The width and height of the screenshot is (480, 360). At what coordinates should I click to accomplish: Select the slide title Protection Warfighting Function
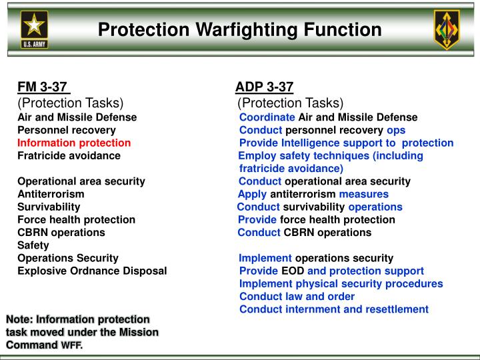(x=239, y=29)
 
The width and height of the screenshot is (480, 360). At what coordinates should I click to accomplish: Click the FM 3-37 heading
(x=42, y=87)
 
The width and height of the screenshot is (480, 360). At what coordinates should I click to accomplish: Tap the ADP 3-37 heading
(x=264, y=87)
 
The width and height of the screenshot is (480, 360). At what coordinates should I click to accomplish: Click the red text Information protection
(x=74, y=143)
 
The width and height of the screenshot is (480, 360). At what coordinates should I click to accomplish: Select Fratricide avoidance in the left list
(x=69, y=155)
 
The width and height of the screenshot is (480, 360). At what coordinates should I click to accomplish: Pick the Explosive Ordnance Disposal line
(x=92, y=271)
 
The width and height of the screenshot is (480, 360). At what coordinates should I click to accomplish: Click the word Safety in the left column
(x=33, y=245)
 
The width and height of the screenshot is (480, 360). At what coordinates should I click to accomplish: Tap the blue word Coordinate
(x=267, y=117)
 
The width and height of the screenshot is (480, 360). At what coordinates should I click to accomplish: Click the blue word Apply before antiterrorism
(x=252, y=194)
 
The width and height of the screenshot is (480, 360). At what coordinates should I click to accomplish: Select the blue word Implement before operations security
(x=265, y=258)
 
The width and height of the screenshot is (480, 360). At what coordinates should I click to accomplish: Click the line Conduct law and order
(x=297, y=296)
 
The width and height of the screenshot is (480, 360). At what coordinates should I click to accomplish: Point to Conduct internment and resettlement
(x=333, y=309)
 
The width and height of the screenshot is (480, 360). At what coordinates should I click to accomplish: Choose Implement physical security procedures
(x=341, y=283)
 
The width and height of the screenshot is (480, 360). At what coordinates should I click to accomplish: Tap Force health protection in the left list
(x=76, y=219)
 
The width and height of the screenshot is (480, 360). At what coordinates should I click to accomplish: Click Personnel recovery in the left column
(x=67, y=130)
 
